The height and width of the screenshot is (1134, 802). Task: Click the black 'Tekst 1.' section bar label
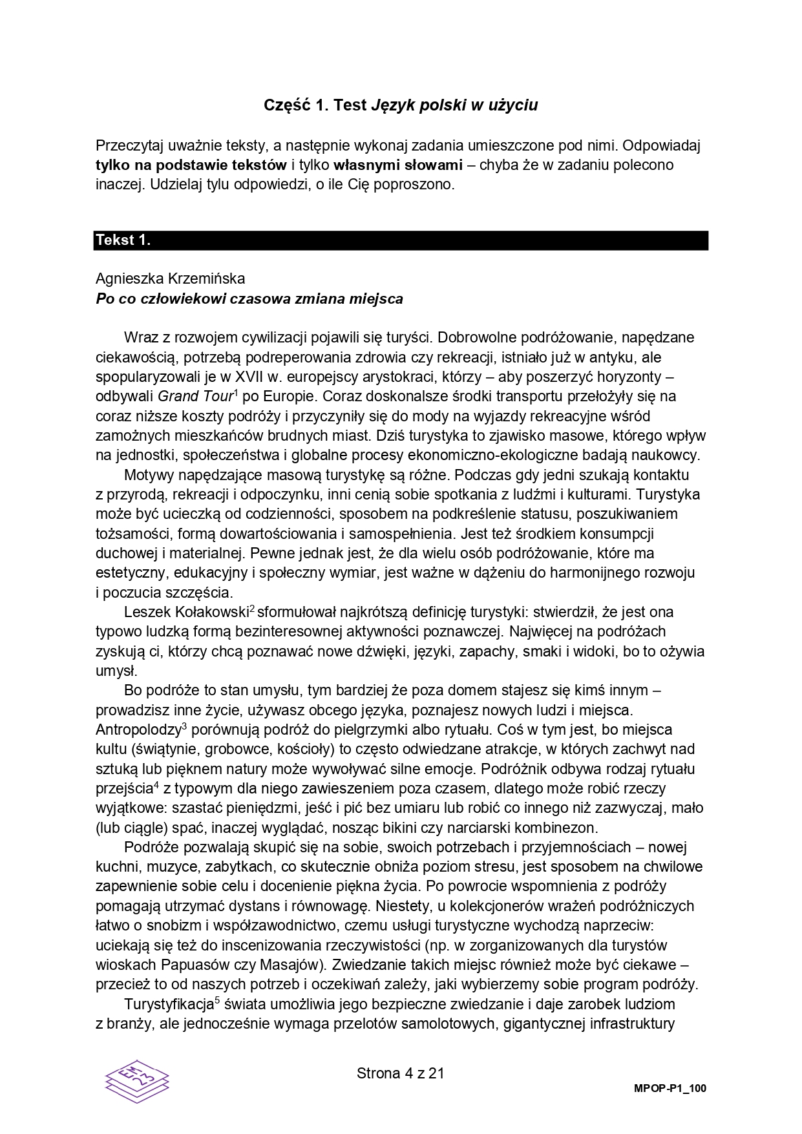point(123,240)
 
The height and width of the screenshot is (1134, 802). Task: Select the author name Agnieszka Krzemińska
point(170,279)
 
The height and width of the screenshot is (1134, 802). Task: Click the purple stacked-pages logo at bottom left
point(136,1080)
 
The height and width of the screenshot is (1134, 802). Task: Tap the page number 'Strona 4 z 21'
point(401,1074)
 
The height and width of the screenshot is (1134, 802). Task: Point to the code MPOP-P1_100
point(670,1089)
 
